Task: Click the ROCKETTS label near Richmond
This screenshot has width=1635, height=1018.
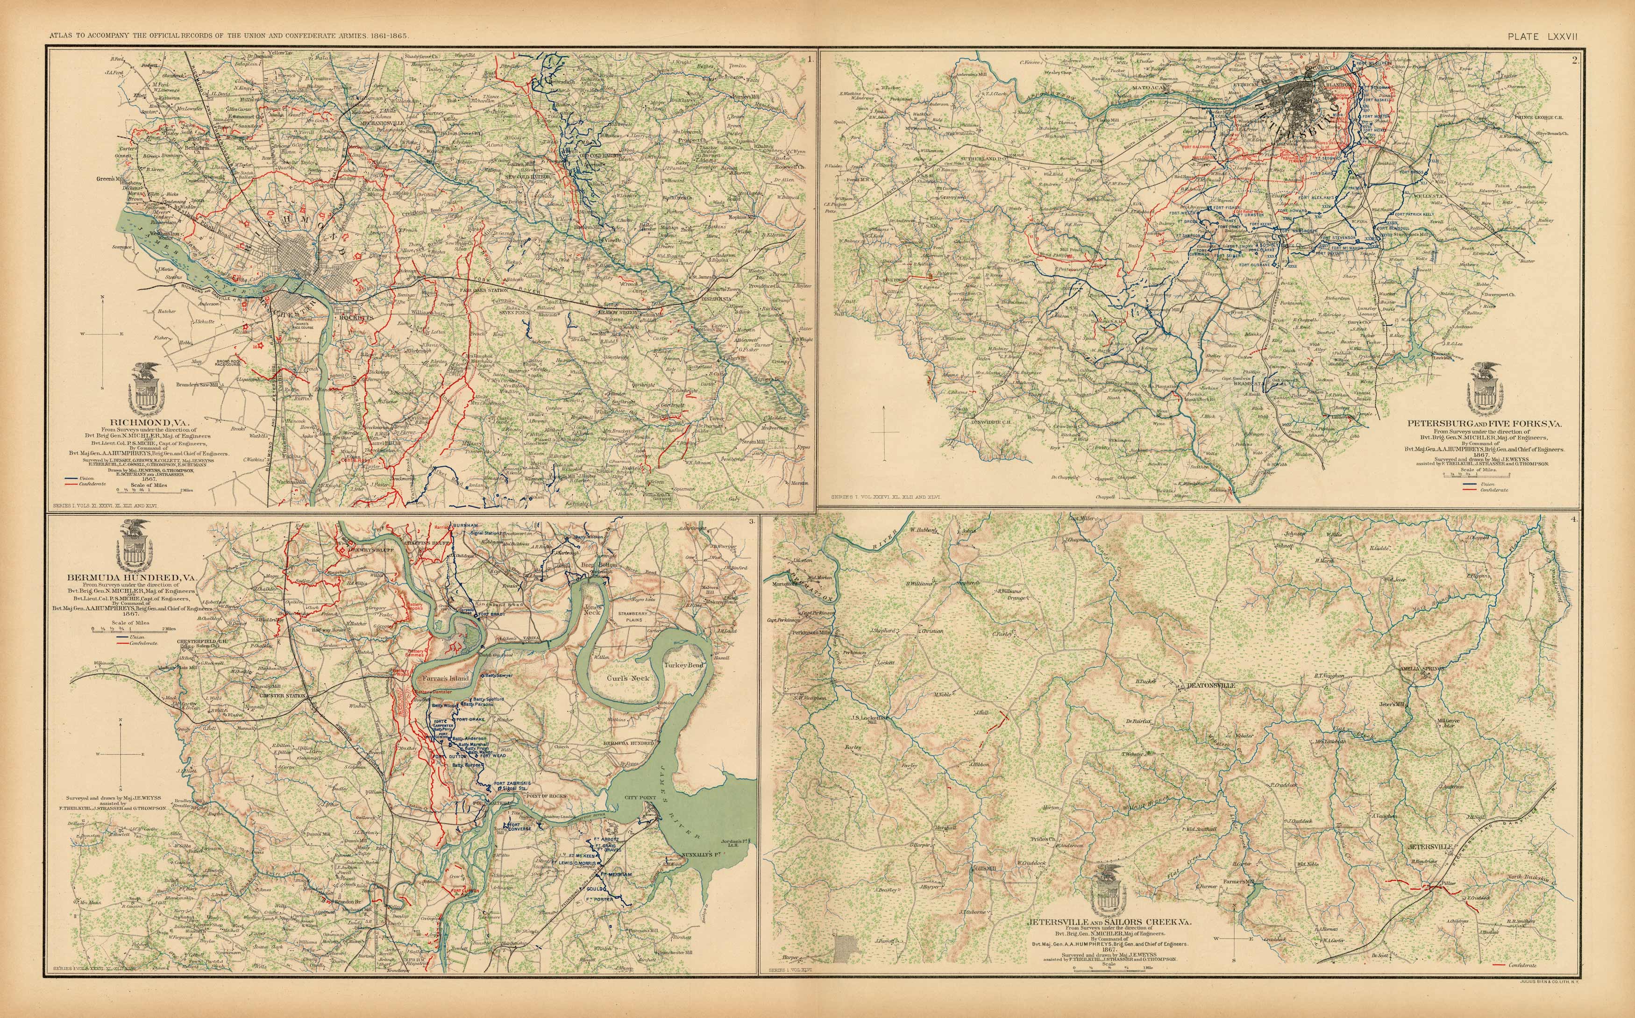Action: pyautogui.click(x=355, y=317)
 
